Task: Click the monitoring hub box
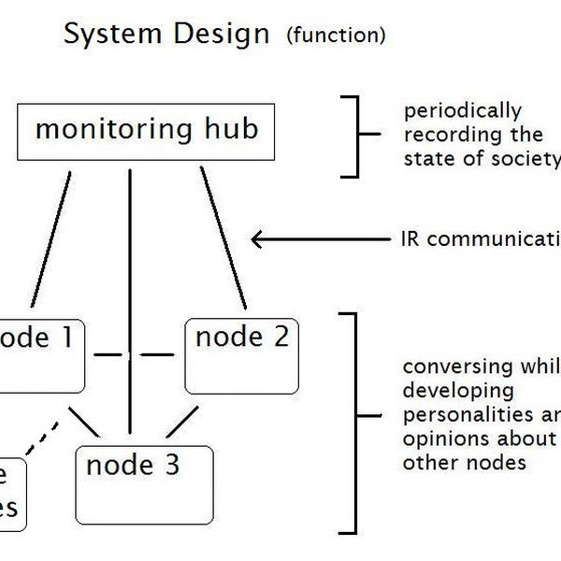tap(146, 131)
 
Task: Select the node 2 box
tap(242, 355)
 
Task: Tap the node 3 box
tap(144, 484)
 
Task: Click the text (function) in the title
tap(336, 36)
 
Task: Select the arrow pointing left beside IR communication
tap(318, 239)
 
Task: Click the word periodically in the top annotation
tap(462, 111)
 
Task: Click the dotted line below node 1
tap(43, 439)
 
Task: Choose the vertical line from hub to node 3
tap(130, 299)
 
